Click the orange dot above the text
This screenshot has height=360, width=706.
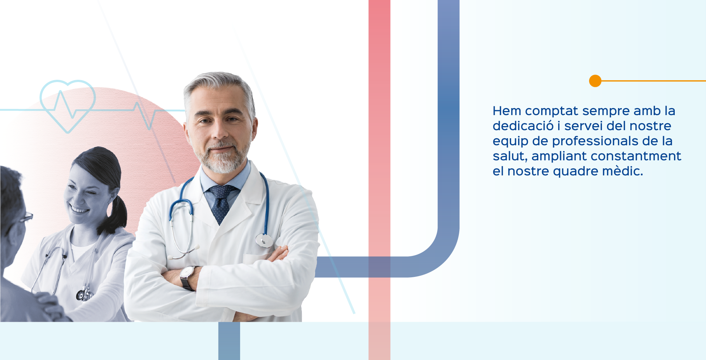(x=595, y=81)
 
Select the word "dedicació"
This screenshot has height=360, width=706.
(x=523, y=126)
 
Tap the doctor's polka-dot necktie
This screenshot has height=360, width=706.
(x=221, y=203)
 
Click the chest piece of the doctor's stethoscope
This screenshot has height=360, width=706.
(x=264, y=240)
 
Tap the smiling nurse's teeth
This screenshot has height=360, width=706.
(x=79, y=210)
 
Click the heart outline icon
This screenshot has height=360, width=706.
(x=68, y=106)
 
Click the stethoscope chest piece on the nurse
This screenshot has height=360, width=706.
(x=84, y=295)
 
